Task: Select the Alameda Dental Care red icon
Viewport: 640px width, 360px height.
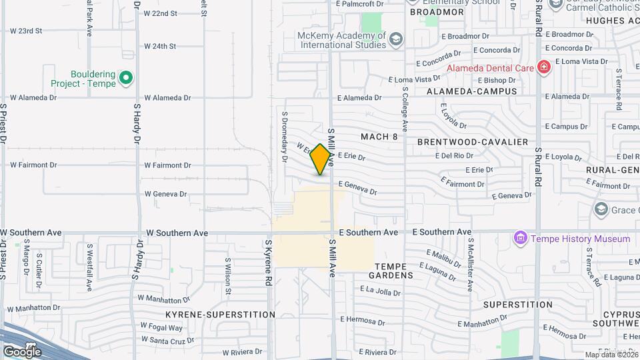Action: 544,68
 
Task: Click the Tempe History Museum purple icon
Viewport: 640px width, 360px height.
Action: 520,238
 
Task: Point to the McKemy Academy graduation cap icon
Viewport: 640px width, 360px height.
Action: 396,40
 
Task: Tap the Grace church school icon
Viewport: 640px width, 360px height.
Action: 601,210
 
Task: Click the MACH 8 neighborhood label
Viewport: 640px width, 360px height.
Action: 379,137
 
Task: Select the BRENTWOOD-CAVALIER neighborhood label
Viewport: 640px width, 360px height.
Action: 473,142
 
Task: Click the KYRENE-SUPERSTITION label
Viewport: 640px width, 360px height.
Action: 221,314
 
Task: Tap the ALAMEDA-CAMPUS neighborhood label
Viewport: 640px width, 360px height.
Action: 472,91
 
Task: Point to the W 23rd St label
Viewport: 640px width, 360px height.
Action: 26,31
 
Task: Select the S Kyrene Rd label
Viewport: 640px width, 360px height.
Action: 269,263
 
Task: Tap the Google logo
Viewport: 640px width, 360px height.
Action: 22,351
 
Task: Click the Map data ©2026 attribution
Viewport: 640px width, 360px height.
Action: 611,355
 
